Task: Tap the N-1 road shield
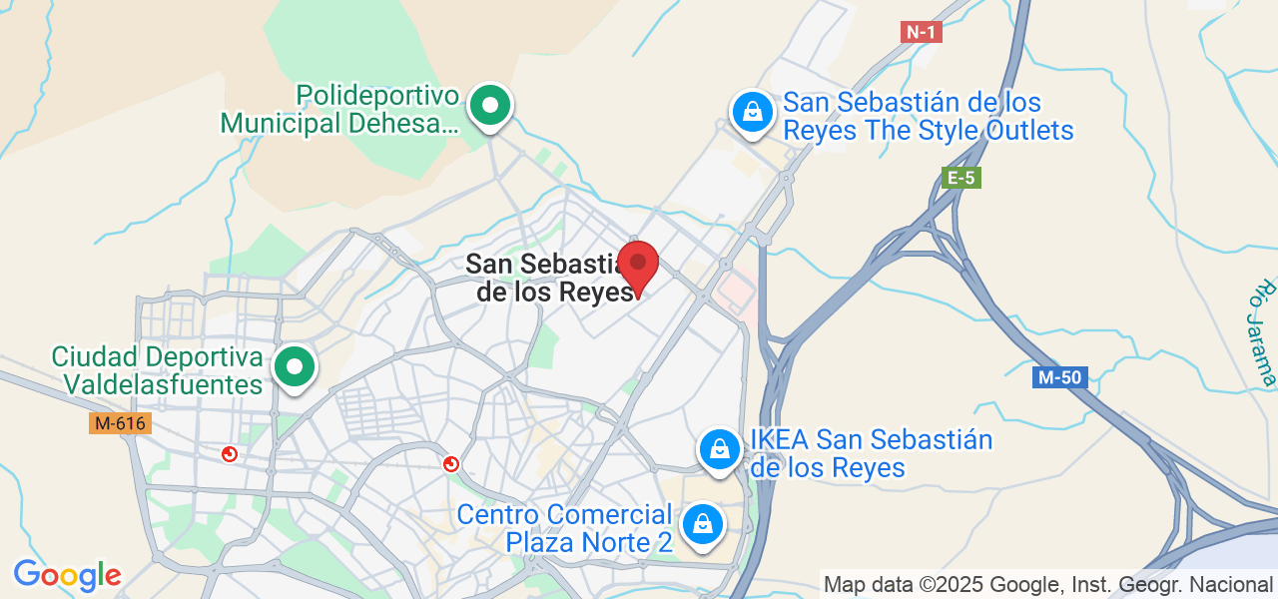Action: (x=921, y=32)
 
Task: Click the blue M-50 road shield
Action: (x=1060, y=377)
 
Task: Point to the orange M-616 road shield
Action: (x=120, y=423)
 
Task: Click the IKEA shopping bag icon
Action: (x=718, y=450)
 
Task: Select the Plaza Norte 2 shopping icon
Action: (x=702, y=522)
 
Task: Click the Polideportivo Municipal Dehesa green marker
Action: (x=489, y=105)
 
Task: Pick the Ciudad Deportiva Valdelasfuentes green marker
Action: (x=295, y=366)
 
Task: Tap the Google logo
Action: (x=67, y=575)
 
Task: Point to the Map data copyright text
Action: (x=1047, y=584)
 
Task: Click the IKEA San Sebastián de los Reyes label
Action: (x=871, y=453)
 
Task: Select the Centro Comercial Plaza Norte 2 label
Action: (x=564, y=528)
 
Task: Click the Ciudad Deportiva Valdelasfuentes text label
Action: (x=158, y=370)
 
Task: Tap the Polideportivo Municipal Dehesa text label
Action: (x=339, y=110)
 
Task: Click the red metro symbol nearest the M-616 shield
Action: (x=230, y=454)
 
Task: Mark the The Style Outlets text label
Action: (x=928, y=116)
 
